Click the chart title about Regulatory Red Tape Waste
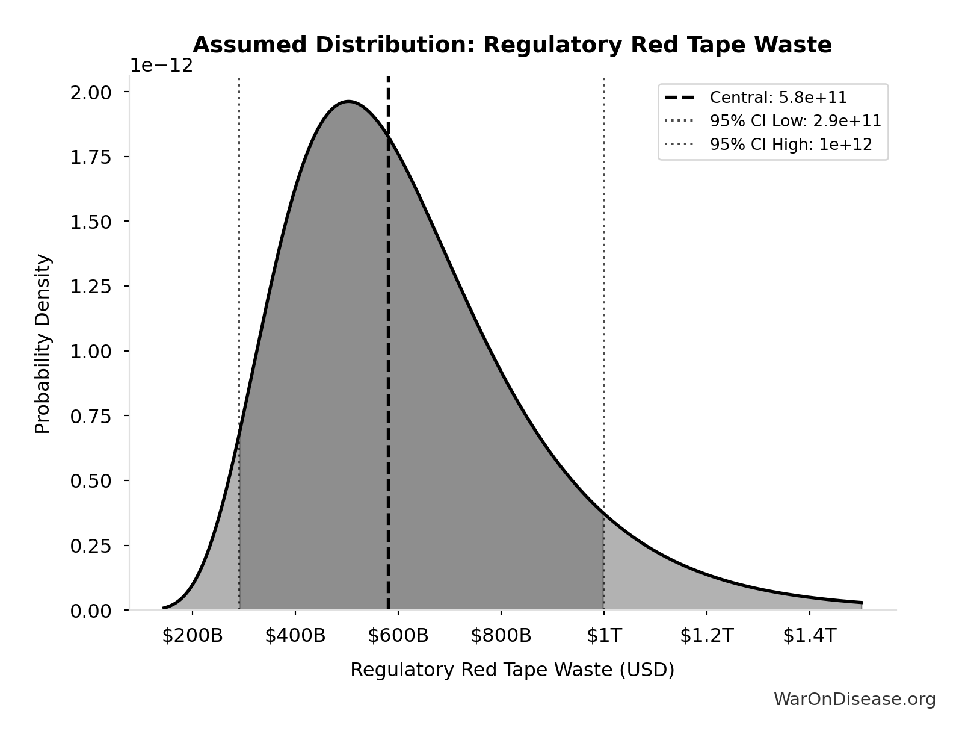512,45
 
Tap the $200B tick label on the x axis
192,636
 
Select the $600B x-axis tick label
398,636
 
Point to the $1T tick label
604,636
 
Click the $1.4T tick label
809,636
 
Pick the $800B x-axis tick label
501,636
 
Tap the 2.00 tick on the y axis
91,92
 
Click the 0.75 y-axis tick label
91,416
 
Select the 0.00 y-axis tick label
91,611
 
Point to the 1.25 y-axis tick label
91,287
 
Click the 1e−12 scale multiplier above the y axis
162,66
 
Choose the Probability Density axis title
43,344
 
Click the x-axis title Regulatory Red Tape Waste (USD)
512,670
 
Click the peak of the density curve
348,101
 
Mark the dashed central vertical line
388,361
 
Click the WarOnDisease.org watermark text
854,700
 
